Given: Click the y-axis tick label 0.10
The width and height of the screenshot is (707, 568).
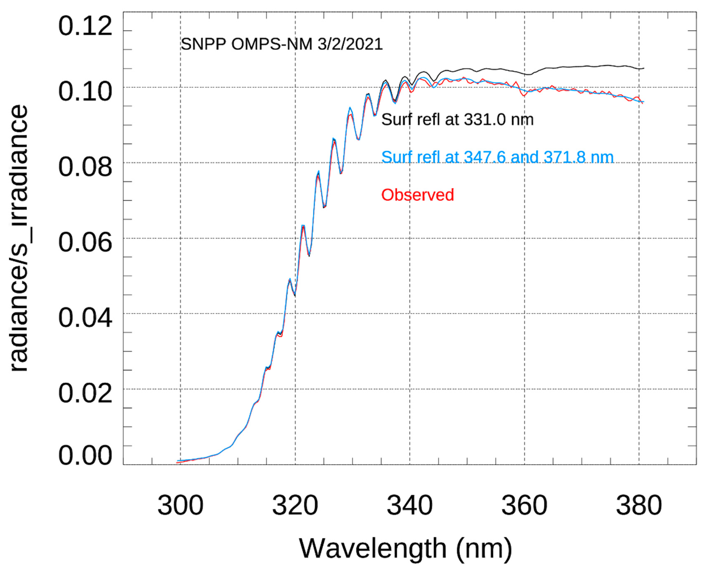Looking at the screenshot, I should click(x=85, y=92).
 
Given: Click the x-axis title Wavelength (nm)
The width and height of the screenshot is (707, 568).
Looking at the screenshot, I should click(x=406, y=548).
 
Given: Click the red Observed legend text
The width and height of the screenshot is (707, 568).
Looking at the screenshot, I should click(x=417, y=195).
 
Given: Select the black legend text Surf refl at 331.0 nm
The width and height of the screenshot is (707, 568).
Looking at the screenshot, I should click(x=457, y=119).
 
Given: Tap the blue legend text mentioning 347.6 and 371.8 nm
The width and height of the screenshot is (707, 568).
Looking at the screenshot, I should click(x=497, y=157).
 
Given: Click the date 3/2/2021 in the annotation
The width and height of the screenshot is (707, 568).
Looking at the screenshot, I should click(x=350, y=44).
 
